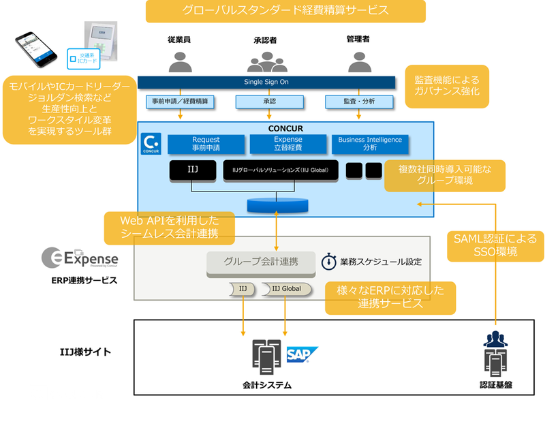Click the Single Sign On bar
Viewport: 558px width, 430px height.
click(266, 82)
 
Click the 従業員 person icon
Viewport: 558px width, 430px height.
click(180, 60)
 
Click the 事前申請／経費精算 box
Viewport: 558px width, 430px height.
click(181, 102)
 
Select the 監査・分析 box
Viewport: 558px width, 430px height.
click(359, 102)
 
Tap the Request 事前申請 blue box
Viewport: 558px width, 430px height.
click(206, 144)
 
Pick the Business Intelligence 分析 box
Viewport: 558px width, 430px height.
click(370, 144)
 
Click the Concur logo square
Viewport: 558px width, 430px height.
click(151, 144)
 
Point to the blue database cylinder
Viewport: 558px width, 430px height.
click(277, 204)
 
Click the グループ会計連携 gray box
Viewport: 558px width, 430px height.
click(261, 261)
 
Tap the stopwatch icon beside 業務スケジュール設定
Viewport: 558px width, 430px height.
click(328, 261)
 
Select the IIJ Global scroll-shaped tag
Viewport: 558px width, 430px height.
click(286, 289)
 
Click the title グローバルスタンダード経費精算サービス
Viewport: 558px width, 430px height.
click(285, 11)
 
